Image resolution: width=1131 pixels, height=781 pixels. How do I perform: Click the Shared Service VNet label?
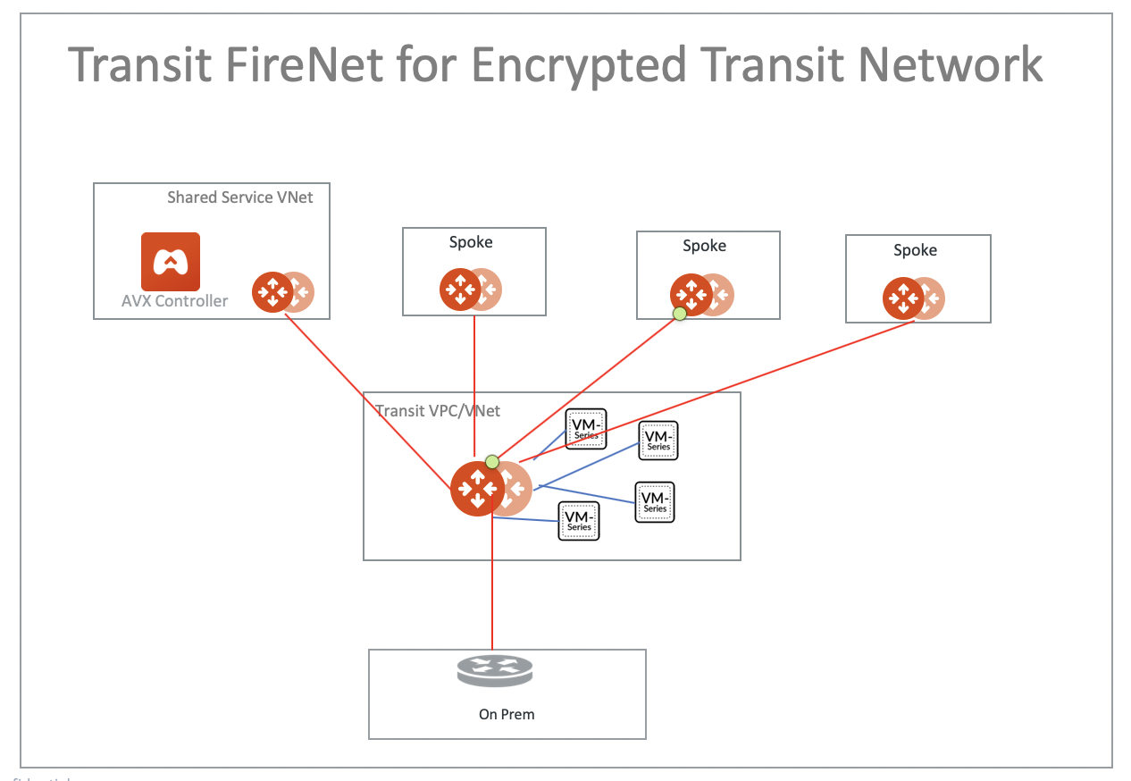tap(239, 197)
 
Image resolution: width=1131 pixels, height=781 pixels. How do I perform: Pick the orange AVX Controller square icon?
tap(171, 261)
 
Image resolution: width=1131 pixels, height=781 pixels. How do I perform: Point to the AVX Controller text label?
tap(174, 301)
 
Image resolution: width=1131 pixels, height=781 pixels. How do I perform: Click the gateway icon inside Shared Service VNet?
tap(273, 291)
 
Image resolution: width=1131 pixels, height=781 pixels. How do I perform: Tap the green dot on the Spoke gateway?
tap(680, 313)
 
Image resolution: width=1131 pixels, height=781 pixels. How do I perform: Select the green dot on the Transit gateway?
tap(491, 462)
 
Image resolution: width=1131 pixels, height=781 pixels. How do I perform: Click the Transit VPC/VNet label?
tap(438, 411)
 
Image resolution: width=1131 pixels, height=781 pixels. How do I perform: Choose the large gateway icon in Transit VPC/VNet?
tap(478, 489)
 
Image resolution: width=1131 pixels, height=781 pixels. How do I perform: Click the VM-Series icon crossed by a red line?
tap(586, 429)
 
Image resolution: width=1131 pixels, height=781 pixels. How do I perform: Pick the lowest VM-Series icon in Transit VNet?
tap(578, 521)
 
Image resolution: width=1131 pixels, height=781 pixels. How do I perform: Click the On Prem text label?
tap(507, 714)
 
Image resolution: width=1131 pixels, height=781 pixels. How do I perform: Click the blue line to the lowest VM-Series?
tap(527, 519)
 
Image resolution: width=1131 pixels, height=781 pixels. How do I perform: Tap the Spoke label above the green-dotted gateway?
tap(704, 246)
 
